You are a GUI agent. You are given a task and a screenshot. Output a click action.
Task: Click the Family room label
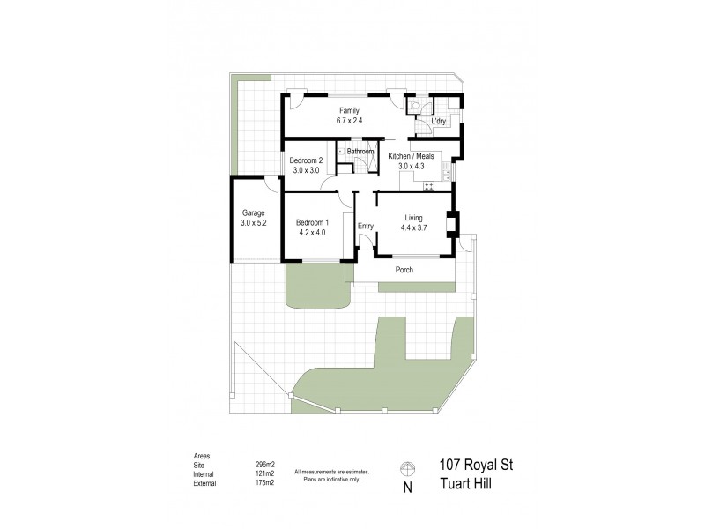[350, 111]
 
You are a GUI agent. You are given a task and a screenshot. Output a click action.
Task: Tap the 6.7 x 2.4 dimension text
[350, 121]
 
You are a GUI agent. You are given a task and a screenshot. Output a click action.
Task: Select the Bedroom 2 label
[308, 160]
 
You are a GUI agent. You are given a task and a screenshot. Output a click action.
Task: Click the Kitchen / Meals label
[412, 156]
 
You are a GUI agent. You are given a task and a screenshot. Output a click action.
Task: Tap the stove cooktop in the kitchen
[430, 185]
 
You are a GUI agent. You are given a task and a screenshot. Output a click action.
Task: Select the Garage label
[254, 212]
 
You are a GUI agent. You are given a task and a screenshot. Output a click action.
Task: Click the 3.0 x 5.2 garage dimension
[254, 223]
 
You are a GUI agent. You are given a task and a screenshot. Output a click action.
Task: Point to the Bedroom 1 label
[312, 222]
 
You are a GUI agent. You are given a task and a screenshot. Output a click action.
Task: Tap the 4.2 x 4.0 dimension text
[312, 233]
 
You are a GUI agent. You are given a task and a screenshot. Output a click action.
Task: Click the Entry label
[366, 226]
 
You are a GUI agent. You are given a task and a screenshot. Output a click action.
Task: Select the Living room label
[414, 218]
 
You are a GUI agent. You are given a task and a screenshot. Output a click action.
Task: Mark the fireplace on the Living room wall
[453, 225]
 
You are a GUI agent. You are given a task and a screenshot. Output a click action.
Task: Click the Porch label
[404, 270]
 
